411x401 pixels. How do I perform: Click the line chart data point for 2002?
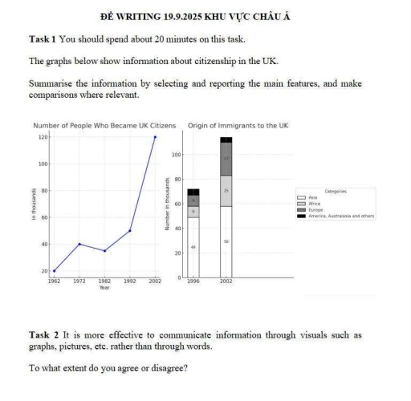155,137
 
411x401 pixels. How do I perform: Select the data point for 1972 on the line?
79,244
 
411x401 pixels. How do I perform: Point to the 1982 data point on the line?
104,251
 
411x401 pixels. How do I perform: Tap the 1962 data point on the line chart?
54,271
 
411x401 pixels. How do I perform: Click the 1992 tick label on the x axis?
130,282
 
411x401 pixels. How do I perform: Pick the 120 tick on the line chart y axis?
43,137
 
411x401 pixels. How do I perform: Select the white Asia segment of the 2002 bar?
226,241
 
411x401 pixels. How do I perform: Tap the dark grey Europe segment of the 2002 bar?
226,159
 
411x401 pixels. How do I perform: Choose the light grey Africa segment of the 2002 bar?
226,191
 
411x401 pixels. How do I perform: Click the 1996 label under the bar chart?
193,282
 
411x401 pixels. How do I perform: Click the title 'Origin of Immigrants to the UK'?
238,126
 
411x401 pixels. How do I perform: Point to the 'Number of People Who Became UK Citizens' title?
104,126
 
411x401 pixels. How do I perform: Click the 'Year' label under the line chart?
104,287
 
